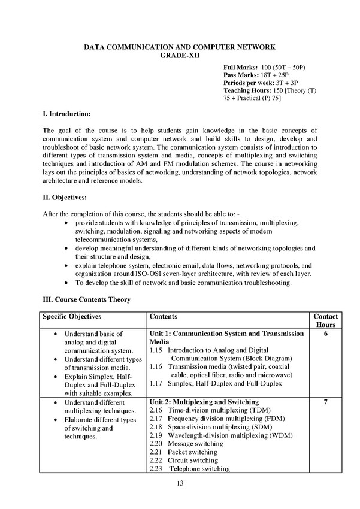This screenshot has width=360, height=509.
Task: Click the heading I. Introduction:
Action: point(67,113)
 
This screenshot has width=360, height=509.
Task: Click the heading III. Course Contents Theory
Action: point(86,299)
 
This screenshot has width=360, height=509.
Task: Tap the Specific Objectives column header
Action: point(71,316)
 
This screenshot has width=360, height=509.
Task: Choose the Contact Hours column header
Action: point(325,320)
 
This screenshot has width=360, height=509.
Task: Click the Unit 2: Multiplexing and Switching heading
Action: point(203,401)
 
